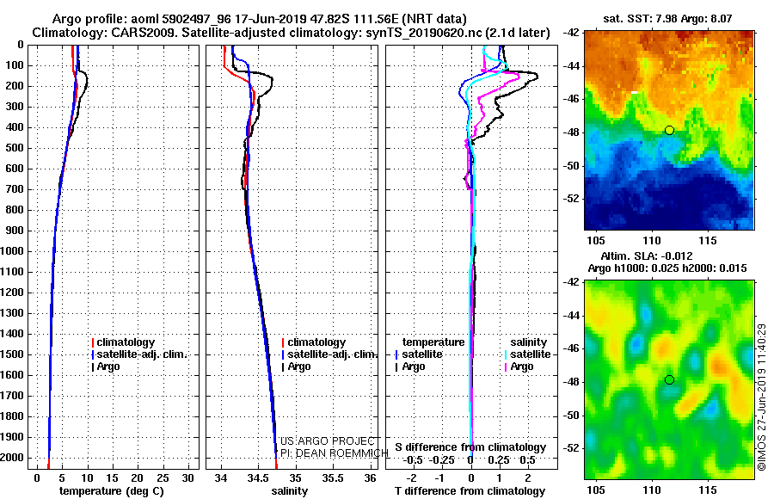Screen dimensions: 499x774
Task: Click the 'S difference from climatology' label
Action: click(470, 447)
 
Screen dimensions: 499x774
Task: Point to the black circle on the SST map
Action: click(669, 130)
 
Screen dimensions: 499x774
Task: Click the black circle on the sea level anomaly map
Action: click(669, 379)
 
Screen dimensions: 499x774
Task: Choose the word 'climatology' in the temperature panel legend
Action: click(126, 342)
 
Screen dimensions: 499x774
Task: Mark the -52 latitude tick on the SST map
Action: click(572, 198)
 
